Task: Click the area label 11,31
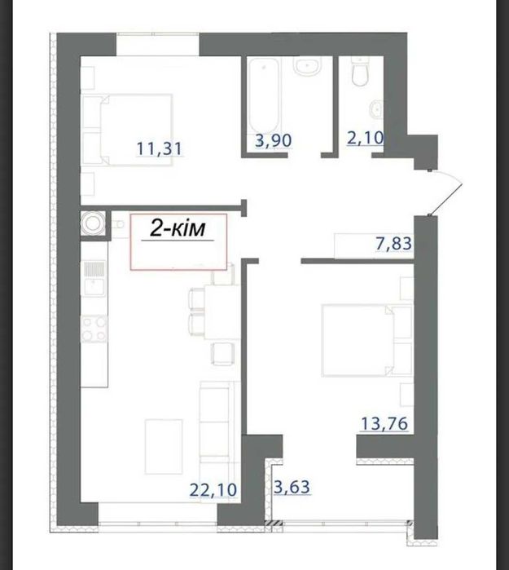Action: pos(159,148)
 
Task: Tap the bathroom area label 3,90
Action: pos(274,140)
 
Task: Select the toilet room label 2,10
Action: pos(365,138)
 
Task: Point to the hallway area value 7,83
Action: pos(394,243)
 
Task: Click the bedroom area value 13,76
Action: pos(384,423)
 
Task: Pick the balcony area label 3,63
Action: pos(292,487)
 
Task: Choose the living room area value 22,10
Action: pos(213,489)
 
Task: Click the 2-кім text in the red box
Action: pos(178,229)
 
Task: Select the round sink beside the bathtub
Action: pos(308,67)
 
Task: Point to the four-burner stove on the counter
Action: pos(94,329)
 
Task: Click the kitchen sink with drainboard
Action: pos(94,278)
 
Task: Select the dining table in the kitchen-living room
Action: pos(222,312)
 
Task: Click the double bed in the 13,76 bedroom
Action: pos(358,340)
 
